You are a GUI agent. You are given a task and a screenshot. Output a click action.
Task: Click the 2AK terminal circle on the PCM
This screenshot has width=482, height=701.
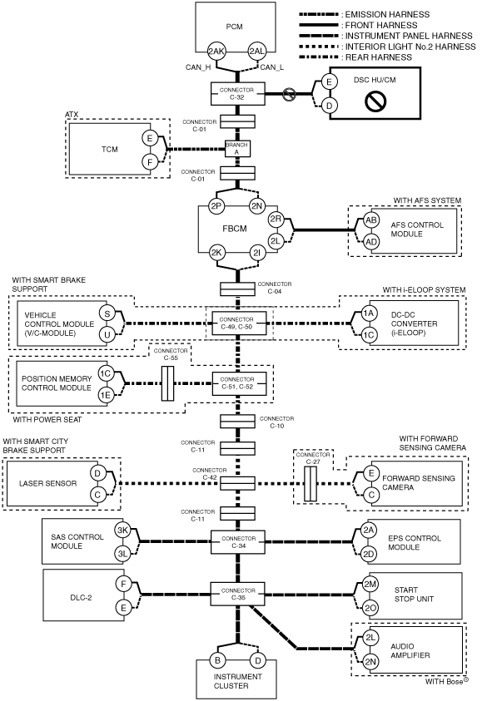[x=216, y=52]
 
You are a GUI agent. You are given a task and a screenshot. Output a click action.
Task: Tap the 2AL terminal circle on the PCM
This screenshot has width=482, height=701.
[x=257, y=52]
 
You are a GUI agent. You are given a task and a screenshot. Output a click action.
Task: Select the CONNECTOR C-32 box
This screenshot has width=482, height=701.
[x=237, y=93]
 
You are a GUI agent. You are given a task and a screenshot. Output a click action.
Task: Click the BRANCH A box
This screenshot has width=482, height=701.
[x=237, y=148]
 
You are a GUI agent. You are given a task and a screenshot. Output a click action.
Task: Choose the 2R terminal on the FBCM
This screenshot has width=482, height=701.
[x=276, y=219]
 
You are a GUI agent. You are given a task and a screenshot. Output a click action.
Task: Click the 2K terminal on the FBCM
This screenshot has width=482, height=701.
[x=216, y=253]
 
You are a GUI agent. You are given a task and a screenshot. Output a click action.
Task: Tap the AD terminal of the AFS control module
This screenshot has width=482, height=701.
[x=371, y=242]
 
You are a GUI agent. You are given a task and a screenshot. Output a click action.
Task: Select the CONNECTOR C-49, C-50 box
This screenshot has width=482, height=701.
[x=239, y=323]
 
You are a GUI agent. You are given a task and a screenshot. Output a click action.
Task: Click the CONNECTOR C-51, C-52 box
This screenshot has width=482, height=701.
[x=239, y=383]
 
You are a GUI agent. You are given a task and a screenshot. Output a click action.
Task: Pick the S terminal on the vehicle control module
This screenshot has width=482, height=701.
[x=107, y=313]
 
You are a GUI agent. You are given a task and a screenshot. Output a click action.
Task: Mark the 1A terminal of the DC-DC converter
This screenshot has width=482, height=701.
[x=368, y=313]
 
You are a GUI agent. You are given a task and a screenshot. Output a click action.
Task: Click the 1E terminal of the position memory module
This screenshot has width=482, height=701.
[x=106, y=395]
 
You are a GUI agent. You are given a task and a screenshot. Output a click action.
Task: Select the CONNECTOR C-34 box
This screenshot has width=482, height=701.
[x=238, y=542]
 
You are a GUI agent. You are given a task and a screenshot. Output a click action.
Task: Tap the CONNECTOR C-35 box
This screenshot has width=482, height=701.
[x=238, y=595]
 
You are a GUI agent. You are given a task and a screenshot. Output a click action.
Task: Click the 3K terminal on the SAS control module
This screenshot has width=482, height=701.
[x=122, y=531]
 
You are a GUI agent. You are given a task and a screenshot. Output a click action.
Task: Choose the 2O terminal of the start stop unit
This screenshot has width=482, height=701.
[x=370, y=608]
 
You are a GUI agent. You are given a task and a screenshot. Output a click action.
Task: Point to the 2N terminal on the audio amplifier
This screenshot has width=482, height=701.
[x=370, y=662]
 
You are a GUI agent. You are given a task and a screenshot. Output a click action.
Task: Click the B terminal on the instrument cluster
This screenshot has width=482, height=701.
[x=218, y=660]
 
